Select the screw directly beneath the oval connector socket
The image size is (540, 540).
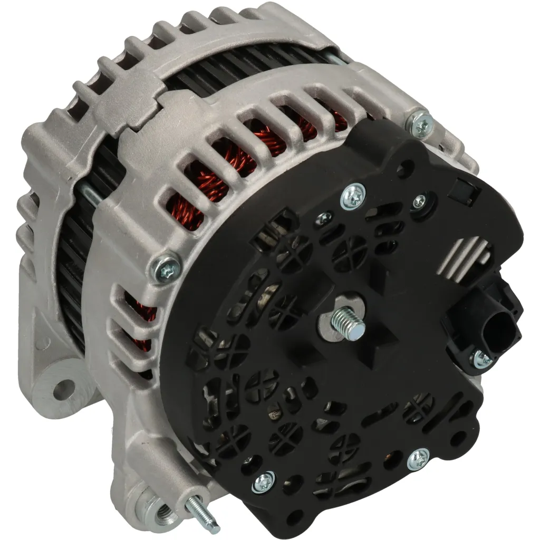point(481,359)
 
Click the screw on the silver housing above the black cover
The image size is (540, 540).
point(421,124)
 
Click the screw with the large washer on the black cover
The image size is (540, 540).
point(353,197)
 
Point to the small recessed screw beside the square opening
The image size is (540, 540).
point(419,200)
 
